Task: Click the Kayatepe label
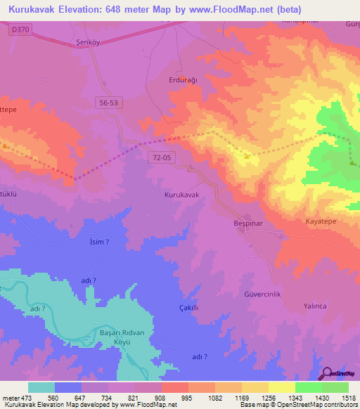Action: click(322, 221)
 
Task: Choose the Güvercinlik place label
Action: click(262, 294)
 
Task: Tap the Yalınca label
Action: click(315, 306)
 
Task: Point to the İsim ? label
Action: click(99, 242)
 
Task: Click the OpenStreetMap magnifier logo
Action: click(328, 373)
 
